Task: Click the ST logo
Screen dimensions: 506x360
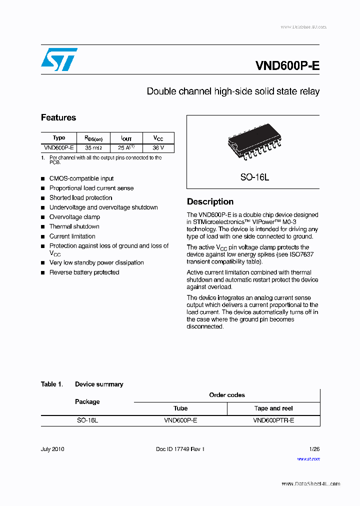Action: (59, 59)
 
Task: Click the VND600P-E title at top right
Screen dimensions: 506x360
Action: (287, 66)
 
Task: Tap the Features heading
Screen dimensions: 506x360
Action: (58, 117)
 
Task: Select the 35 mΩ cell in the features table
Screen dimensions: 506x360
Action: (93, 148)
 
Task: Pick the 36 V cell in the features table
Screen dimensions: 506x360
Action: (158, 148)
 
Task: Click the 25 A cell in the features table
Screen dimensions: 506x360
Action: (126, 148)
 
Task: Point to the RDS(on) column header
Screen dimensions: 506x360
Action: (93, 138)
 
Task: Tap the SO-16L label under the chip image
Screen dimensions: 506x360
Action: (254, 177)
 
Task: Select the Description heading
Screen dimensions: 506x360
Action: (210, 201)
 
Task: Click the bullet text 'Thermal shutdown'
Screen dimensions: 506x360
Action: (74, 226)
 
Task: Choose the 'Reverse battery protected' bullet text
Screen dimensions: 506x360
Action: (84, 272)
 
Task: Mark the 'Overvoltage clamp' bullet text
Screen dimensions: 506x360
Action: (74, 217)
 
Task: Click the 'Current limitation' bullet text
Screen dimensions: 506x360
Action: (72, 236)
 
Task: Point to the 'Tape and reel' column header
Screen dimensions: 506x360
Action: (273, 408)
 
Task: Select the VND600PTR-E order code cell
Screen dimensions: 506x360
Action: (273, 421)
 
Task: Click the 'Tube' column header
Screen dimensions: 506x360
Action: (180, 408)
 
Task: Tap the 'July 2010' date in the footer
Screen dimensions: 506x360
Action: (52, 449)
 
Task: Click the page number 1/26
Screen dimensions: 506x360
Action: (314, 449)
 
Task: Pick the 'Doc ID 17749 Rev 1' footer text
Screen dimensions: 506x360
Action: (180, 449)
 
